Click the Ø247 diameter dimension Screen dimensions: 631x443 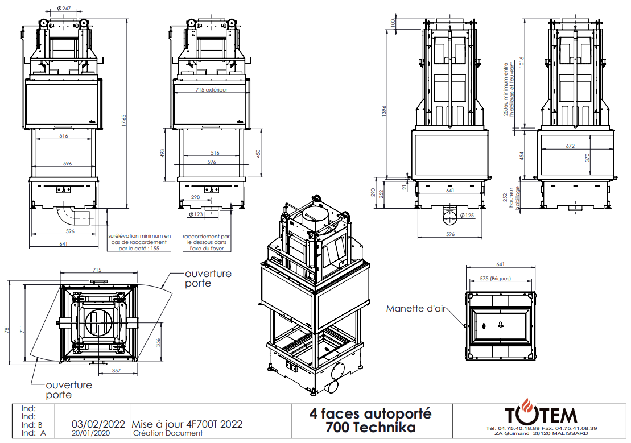pyautogui.click(x=64, y=8)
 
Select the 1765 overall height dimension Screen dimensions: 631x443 pyautogui.click(x=125, y=121)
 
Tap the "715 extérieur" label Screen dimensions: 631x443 pyautogui.click(x=211, y=90)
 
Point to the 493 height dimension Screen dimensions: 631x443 pyautogui.click(x=163, y=154)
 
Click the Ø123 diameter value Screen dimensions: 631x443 pyautogui.click(x=196, y=214)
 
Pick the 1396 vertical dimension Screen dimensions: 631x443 pyautogui.click(x=384, y=111)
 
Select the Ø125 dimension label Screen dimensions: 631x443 pyautogui.click(x=467, y=216)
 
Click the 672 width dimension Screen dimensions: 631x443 pyautogui.click(x=570, y=146)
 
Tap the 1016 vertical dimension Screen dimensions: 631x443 pyautogui.click(x=522, y=61)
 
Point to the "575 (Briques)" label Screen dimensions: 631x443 pyautogui.click(x=496, y=279)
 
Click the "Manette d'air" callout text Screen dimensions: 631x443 pyautogui.click(x=416, y=309)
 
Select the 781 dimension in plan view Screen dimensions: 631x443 pyautogui.click(x=6, y=329)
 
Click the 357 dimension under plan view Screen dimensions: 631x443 pyautogui.click(x=116, y=371)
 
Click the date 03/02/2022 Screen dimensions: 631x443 pyautogui.click(x=98, y=424)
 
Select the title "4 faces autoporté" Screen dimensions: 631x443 pyautogui.click(x=370, y=413)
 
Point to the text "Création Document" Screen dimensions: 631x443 pyautogui.click(x=168, y=433)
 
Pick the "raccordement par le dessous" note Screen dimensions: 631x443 pyautogui.click(x=206, y=243)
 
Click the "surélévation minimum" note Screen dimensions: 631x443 pyautogui.click(x=139, y=242)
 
